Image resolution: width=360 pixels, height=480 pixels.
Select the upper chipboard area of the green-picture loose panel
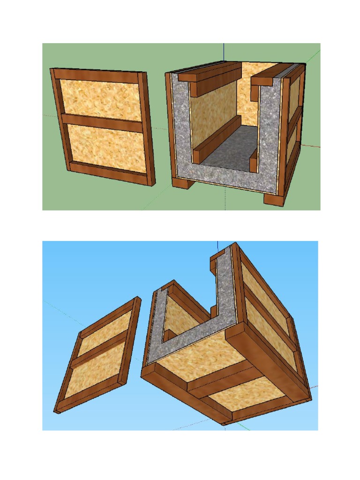100,99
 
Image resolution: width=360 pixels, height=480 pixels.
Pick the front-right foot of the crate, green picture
274,199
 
